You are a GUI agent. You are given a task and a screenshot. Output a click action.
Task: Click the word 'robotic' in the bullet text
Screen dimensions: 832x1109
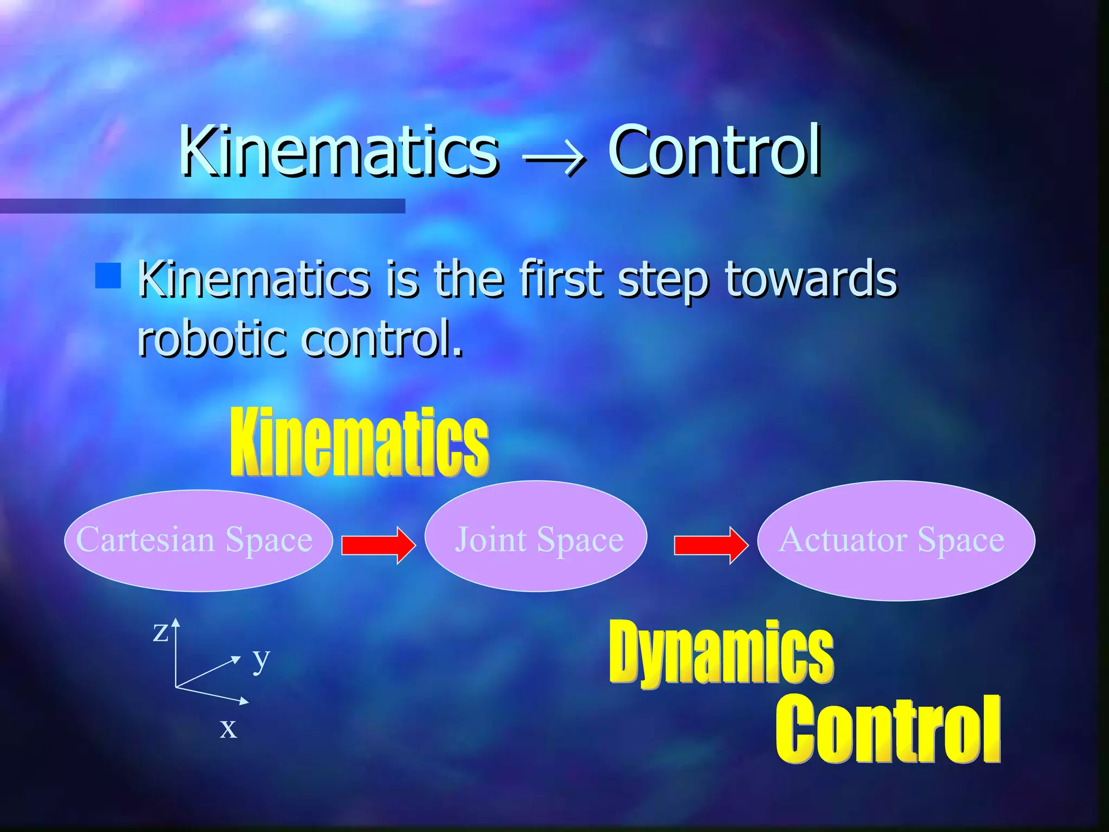[211, 338]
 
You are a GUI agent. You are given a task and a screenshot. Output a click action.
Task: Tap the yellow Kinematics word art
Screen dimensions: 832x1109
[359, 443]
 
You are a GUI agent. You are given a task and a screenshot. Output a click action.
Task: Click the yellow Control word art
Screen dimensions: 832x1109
[888, 729]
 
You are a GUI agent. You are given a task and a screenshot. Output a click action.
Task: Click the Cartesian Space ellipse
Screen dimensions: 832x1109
[198, 540]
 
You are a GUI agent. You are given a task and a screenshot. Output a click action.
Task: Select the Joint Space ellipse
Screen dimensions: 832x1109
[536, 536]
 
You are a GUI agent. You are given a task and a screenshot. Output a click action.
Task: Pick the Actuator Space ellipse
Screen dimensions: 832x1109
[896, 540]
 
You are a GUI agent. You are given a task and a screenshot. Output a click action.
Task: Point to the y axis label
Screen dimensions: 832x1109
[261, 659]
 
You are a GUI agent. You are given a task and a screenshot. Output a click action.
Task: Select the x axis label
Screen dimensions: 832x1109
[228, 728]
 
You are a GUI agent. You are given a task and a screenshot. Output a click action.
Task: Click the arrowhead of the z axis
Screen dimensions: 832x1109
[175, 622]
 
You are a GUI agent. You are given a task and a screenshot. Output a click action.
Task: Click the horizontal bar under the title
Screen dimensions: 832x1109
[202, 206]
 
